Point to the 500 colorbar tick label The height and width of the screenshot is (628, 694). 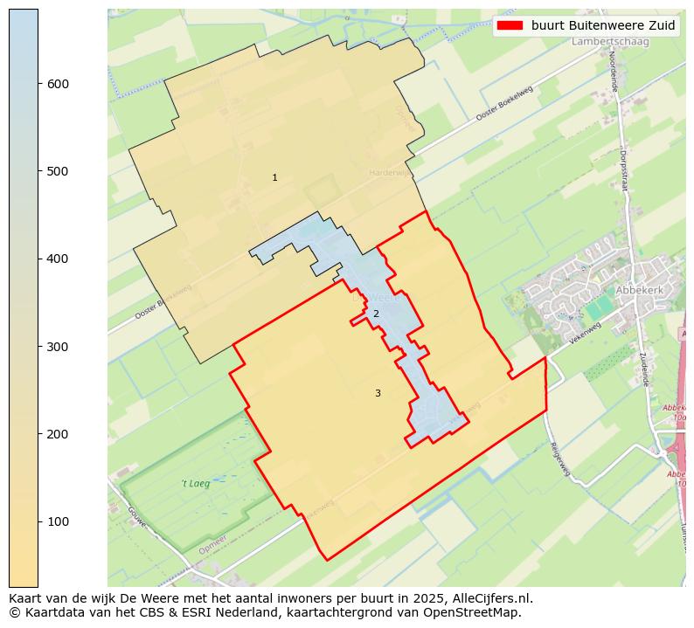click(59, 171)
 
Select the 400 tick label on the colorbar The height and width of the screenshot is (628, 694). click(59, 259)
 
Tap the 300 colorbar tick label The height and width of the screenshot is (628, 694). click(59, 347)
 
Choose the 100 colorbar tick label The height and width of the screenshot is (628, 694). click(59, 521)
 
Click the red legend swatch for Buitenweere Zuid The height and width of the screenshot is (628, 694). click(510, 25)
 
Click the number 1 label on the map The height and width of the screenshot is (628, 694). click(274, 178)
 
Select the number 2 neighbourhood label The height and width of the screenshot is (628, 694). click(376, 314)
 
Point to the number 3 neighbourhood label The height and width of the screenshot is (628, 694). click(378, 394)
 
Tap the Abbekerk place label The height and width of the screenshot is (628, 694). click(640, 290)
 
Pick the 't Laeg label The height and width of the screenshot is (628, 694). click(195, 483)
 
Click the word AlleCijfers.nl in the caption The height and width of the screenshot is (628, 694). click(489, 598)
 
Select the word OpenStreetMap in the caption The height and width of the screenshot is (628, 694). click(475, 612)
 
